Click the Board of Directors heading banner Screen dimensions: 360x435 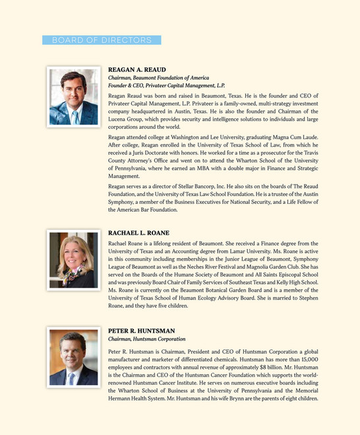coord(102,40)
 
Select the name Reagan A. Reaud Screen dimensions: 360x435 coord(137,69)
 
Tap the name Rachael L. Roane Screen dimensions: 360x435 coord(138,233)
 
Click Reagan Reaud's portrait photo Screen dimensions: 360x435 coord(73,97)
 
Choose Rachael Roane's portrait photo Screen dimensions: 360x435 coord(73,260)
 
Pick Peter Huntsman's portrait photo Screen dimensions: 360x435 coord(73,358)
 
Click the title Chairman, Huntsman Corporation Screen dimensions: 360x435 coord(146,339)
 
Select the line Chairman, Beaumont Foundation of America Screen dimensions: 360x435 coord(158,78)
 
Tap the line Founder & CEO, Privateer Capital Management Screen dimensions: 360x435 coord(166,86)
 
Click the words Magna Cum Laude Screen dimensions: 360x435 coord(290,137)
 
